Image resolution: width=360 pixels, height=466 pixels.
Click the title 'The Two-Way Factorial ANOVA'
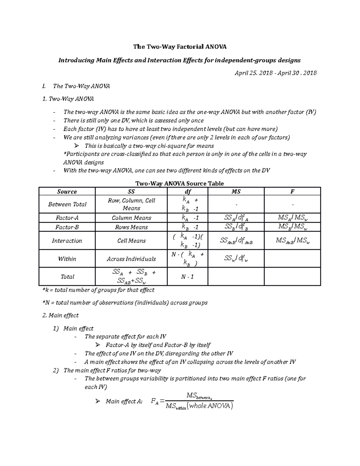pyautogui.click(x=180, y=47)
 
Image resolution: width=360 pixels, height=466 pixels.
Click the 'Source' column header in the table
pyautogui.click(x=67, y=191)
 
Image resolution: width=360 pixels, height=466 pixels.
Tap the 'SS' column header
pyautogui.click(x=131, y=191)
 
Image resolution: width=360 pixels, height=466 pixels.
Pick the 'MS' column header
pyautogui.click(x=236, y=191)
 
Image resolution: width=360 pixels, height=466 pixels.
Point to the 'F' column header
pyautogui.click(x=292, y=191)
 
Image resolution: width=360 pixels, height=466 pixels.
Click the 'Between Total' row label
pyautogui.click(x=67, y=204)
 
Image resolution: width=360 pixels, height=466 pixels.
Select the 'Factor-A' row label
pyautogui.click(x=67, y=218)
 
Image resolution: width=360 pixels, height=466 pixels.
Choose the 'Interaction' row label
pyautogui.click(x=67, y=241)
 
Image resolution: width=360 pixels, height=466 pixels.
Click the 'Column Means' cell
pyautogui.click(x=131, y=218)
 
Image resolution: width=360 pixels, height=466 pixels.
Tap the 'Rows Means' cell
pyautogui.click(x=131, y=227)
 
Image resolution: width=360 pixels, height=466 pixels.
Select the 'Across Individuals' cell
pyautogui.click(x=131, y=259)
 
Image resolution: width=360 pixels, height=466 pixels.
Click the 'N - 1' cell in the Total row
pyautogui.click(x=187, y=277)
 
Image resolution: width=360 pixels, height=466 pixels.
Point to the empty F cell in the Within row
pyautogui.click(x=292, y=259)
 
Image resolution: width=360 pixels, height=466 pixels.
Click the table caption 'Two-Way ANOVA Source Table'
pyautogui.click(x=180, y=183)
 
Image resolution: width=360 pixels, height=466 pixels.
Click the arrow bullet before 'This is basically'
pyautogui.click(x=76, y=146)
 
